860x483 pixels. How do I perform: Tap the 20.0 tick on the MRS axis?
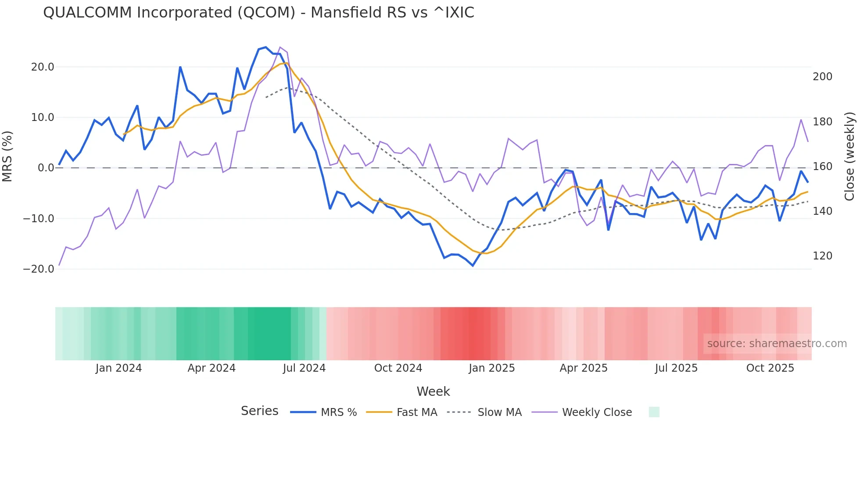coord(43,67)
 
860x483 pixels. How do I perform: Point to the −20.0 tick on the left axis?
coord(39,269)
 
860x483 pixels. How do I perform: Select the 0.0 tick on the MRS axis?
coord(46,168)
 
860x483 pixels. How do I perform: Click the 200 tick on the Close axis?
coord(822,77)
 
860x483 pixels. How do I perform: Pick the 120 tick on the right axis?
coord(822,256)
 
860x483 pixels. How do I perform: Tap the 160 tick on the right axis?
coord(822,167)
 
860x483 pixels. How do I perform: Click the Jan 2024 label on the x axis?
coord(118,368)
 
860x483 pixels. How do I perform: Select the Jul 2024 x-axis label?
coord(304,368)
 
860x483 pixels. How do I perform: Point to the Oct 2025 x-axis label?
coord(770,368)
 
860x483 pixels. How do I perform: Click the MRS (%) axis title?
coord(7,156)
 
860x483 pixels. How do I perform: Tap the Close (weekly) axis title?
coord(850,156)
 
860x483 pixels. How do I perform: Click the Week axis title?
coord(433,391)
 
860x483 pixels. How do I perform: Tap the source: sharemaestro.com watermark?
coord(777,344)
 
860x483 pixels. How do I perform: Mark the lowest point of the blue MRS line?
coord(473,266)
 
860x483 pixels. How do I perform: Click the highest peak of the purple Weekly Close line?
coord(280,47)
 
